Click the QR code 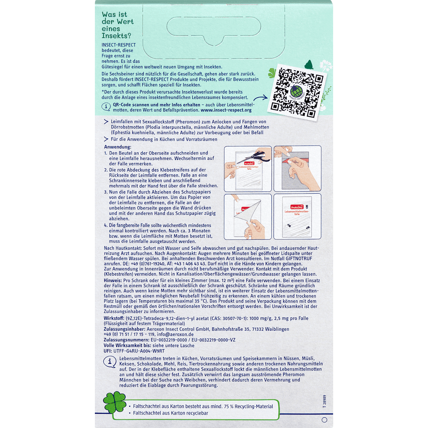coord(297,92)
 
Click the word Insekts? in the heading coord(116,36)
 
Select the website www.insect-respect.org coord(226,110)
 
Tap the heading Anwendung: coord(118,147)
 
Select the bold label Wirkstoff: coord(114,318)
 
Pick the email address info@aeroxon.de coord(175,335)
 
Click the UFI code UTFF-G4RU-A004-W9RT coord(139,351)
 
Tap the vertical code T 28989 coord(325,401)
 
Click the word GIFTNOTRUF coord(299,259)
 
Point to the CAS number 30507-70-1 coord(234,318)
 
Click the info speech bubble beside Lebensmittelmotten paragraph coord(110,362)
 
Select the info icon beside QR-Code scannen coord(106,107)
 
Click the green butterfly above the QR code coord(309,65)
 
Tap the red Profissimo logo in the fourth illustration coord(297,207)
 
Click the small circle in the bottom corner coord(325,420)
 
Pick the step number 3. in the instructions coord(106,192)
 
